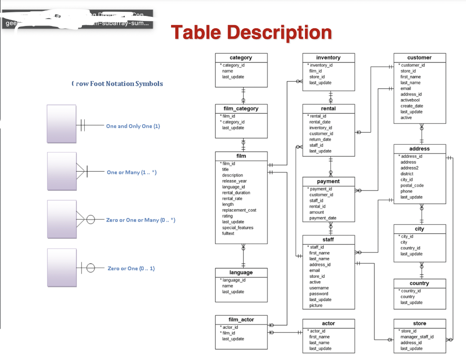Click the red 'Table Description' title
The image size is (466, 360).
(x=251, y=32)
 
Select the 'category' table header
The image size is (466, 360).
(x=241, y=58)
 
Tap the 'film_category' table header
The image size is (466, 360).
(x=241, y=109)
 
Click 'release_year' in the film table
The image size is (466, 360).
(x=234, y=181)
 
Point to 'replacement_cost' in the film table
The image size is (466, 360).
(x=239, y=210)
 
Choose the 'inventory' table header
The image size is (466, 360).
(x=328, y=58)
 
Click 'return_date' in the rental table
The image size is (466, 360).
(x=320, y=140)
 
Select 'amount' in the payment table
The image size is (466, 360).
(x=317, y=212)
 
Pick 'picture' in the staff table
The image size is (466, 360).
(x=316, y=305)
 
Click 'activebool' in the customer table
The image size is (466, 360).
(x=410, y=100)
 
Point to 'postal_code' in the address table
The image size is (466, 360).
(x=412, y=186)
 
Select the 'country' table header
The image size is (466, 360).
(x=419, y=283)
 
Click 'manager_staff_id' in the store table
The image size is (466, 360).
(x=417, y=337)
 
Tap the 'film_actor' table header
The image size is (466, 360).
(x=241, y=320)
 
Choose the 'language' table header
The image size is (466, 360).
(x=241, y=273)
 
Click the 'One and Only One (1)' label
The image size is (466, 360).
(x=133, y=126)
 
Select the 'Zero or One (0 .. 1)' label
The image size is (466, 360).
(x=131, y=269)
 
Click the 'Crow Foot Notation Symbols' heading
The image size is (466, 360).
(x=117, y=84)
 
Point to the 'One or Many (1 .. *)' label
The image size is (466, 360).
(x=132, y=172)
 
